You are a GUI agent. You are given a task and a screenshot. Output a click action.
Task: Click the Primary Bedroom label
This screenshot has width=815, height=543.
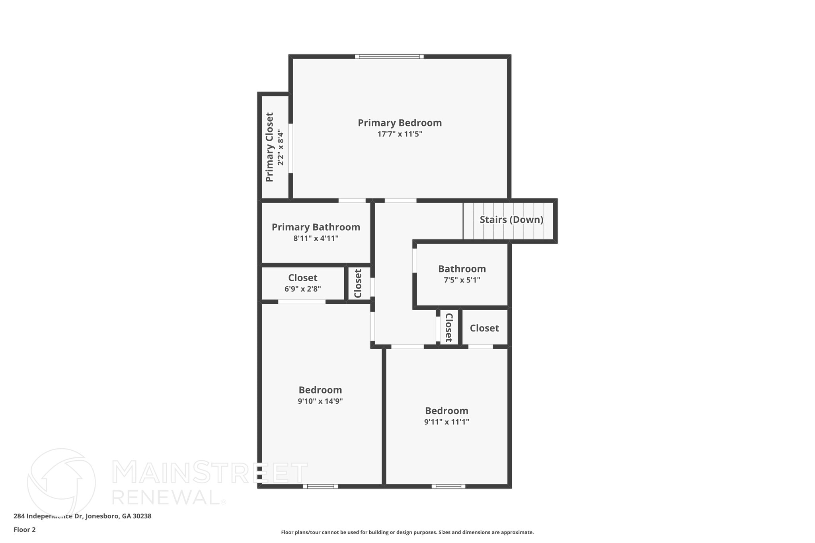click(400, 123)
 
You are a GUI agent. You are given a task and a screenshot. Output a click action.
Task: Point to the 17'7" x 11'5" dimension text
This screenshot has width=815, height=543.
click(400, 134)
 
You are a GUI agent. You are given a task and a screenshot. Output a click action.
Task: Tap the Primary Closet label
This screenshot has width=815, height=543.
click(270, 147)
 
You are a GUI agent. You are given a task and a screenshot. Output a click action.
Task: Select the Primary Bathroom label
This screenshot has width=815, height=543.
click(316, 227)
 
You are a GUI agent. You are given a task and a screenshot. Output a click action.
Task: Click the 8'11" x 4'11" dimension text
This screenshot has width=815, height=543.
click(316, 239)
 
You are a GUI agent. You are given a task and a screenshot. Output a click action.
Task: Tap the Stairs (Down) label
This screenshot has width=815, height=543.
click(511, 220)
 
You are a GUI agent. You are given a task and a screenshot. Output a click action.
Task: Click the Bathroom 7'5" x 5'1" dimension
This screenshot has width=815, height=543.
click(462, 280)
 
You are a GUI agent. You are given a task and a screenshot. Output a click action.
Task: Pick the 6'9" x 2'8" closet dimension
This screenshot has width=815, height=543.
click(302, 289)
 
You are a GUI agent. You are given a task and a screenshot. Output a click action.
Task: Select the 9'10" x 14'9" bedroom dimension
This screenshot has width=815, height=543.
click(320, 401)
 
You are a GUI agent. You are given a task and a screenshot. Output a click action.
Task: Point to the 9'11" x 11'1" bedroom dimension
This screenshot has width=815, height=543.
click(446, 422)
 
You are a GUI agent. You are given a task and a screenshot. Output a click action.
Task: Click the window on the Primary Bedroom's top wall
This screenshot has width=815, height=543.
click(389, 56)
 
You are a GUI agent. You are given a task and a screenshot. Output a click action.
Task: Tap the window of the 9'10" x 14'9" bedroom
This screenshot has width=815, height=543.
click(320, 486)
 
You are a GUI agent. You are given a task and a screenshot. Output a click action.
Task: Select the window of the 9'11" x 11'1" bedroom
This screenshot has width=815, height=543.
click(448, 486)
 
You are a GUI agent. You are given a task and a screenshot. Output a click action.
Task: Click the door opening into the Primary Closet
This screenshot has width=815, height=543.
click(291, 148)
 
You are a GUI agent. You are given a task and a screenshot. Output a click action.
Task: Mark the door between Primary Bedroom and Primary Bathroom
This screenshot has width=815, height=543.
click(352, 200)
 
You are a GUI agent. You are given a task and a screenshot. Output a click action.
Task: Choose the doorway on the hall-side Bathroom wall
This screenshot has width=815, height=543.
click(415, 261)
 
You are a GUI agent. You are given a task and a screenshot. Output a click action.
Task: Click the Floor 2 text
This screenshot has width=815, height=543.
click(25, 530)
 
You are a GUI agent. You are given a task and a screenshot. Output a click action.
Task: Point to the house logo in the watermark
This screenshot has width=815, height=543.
click(61, 481)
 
